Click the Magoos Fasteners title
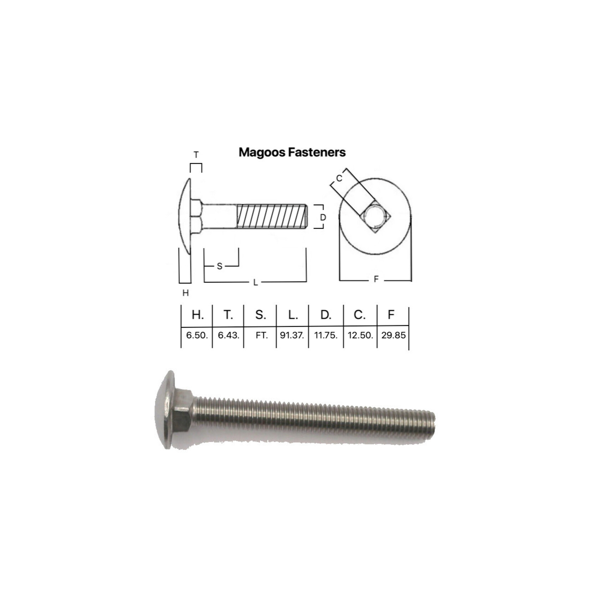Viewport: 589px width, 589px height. pyautogui.click(x=292, y=152)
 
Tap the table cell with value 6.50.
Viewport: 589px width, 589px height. pyautogui.click(x=197, y=335)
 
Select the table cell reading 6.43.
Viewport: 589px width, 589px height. pyautogui.click(x=229, y=335)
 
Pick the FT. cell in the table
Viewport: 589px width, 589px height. pyautogui.click(x=262, y=335)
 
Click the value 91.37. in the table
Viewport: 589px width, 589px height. pyautogui.click(x=292, y=335)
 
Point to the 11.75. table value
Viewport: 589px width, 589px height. pyautogui.click(x=326, y=335)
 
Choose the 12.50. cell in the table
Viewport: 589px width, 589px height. pyautogui.click(x=360, y=335)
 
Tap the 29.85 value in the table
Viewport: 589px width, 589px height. pyautogui.click(x=393, y=335)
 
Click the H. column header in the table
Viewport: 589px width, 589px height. pyautogui.click(x=198, y=315)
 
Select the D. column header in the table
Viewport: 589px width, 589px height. pyautogui.click(x=326, y=315)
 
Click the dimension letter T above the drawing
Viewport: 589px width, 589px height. pyautogui.click(x=196, y=155)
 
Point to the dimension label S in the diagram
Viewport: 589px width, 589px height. pyautogui.click(x=220, y=266)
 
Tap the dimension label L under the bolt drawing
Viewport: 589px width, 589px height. pyautogui.click(x=255, y=282)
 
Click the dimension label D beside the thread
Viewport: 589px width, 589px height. pyautogui.click(x=323, y=217)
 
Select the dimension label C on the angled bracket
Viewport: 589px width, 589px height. pyautogui.click(x=339, y=178)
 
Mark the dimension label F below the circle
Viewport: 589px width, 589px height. pyautogui.click(x=376, y=280)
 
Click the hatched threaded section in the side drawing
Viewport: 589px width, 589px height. pyautogui.click(x=271, y=216)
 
